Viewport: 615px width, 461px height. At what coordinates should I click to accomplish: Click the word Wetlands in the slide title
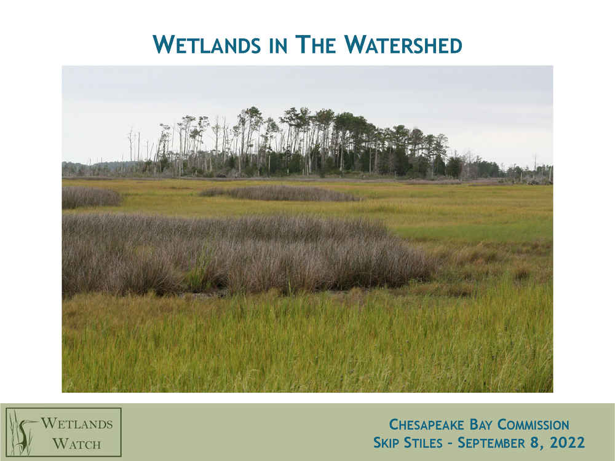tap(207, 44)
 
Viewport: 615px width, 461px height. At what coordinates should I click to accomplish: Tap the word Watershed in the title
tap(403, 44)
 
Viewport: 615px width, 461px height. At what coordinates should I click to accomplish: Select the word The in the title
tap(315, 44)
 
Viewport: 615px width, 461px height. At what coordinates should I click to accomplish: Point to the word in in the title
tap(279, 45)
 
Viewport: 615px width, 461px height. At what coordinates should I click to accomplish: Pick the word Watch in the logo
tap(76, 444)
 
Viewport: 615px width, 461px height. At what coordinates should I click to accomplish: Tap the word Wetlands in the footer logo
tap(76, 424)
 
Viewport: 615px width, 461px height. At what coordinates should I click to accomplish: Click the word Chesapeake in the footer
tap(426, 425)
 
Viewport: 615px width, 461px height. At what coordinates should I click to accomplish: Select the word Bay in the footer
tap(481, 425)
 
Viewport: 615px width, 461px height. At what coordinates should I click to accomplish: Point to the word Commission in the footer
tap(533, 425)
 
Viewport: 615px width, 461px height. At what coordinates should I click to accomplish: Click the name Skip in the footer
tap(386, 443)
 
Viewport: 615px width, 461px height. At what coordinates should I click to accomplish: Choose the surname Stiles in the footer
tap(423, 443)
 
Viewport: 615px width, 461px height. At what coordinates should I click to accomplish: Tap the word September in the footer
tap(491, 443)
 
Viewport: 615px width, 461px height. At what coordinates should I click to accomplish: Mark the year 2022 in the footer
tap(567, 442)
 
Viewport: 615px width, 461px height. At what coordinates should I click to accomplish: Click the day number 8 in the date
tap(534, 442)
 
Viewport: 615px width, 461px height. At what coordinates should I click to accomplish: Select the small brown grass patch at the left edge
tap(90, 197)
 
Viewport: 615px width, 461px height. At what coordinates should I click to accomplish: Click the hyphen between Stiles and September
tap(450, 443)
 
